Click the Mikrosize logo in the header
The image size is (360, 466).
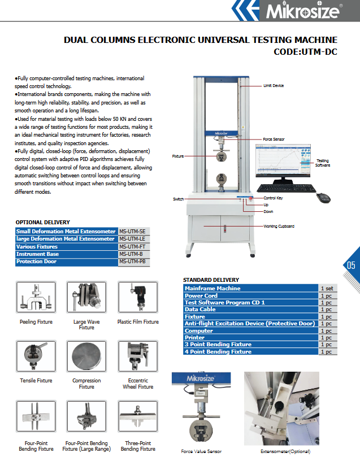pos(311,11)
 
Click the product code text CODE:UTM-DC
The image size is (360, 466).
pos(305,51)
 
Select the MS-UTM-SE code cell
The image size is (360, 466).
pos(133,232)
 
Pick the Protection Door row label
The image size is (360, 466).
pos(37,262)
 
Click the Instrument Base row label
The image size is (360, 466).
pos(38,254)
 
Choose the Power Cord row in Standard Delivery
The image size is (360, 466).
pos(201,295)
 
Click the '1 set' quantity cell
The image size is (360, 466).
pos(327,289)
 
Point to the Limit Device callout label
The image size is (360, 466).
pos(274,86)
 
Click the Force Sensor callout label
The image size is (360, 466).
pos(275,139)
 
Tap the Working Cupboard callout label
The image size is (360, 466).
pos(279,227)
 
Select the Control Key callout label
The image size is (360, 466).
pos(274,198)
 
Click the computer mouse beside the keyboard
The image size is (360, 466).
pos(323,197)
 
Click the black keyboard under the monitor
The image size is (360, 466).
pos(286,188)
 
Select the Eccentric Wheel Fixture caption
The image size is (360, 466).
pos(138,384)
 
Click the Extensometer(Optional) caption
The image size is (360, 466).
pos(285,451)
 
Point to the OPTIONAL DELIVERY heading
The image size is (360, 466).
pos(43,223)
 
